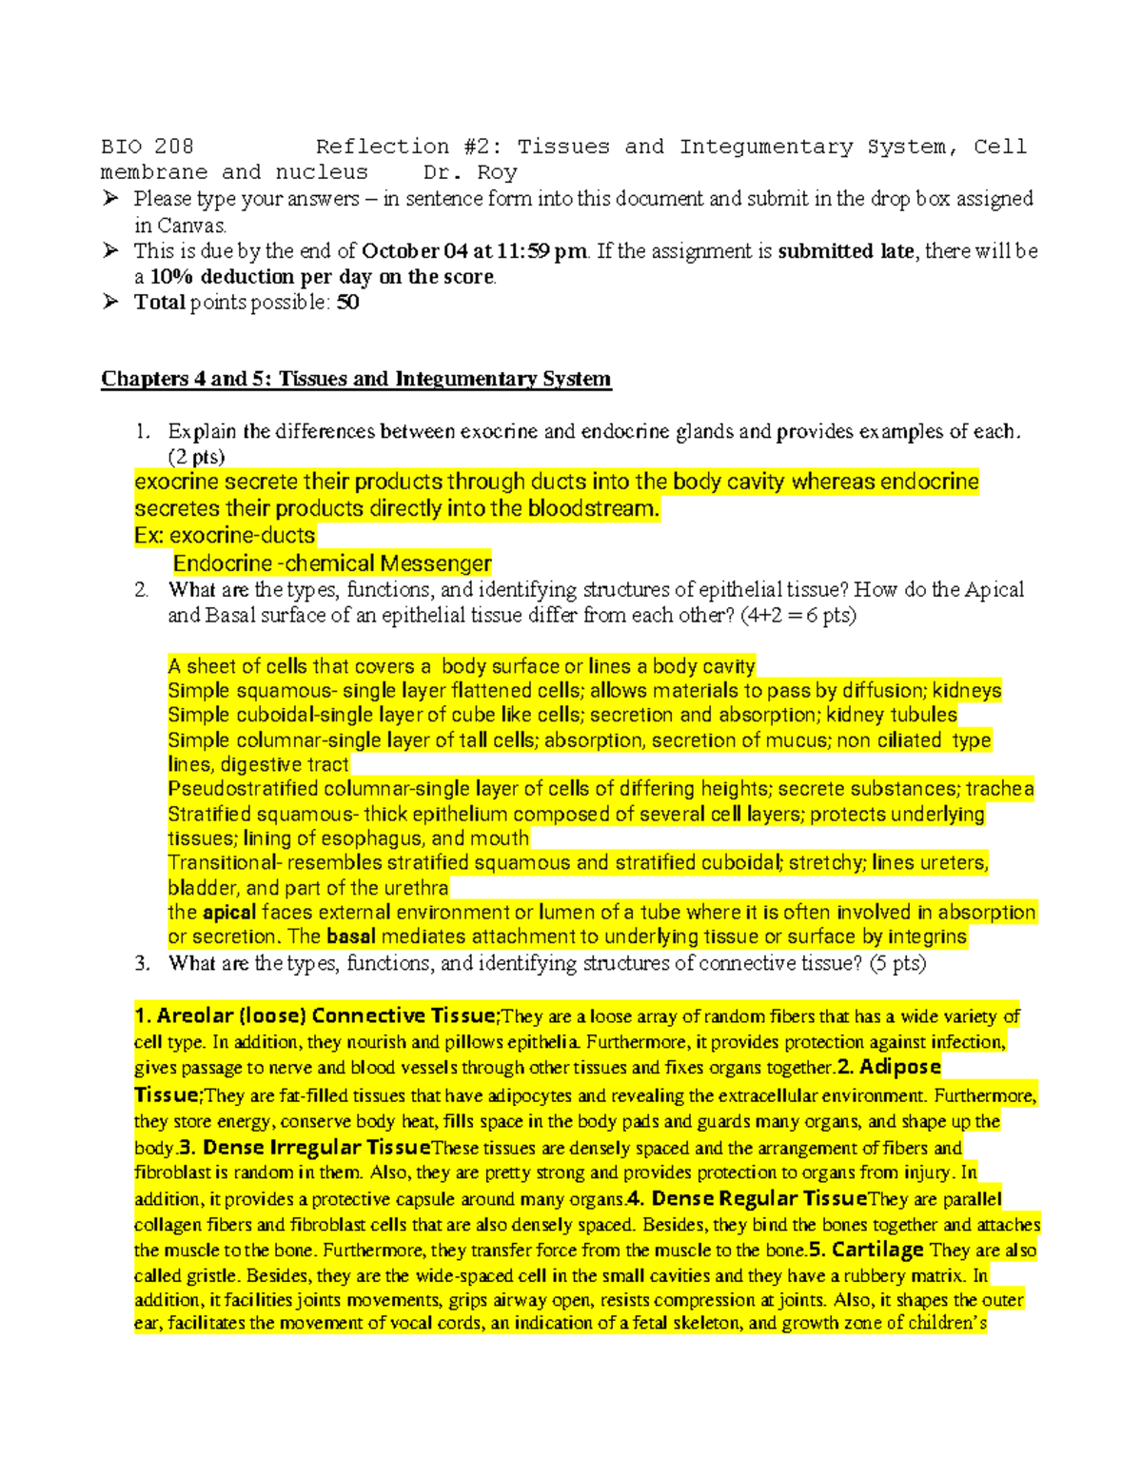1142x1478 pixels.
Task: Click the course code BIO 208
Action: click(148, 147)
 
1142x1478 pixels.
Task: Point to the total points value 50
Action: click(347, 303)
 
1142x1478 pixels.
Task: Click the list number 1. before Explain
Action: click(142, 431)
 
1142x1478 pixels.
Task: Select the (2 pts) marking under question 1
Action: click(196, 456)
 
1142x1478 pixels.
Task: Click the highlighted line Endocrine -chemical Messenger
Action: click(332, 563)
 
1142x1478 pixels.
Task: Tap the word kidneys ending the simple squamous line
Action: click(966, 691)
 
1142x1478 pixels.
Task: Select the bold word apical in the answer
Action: click(229, 912)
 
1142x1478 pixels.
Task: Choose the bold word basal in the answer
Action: click(351, 936)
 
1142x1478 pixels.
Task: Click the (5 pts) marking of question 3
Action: click(897, 963)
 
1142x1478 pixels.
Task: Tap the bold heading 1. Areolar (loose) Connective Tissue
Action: click(316, 1015)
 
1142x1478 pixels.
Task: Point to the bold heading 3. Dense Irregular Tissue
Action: click(305, 1147)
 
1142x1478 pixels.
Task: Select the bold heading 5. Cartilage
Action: click(866, 1250)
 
